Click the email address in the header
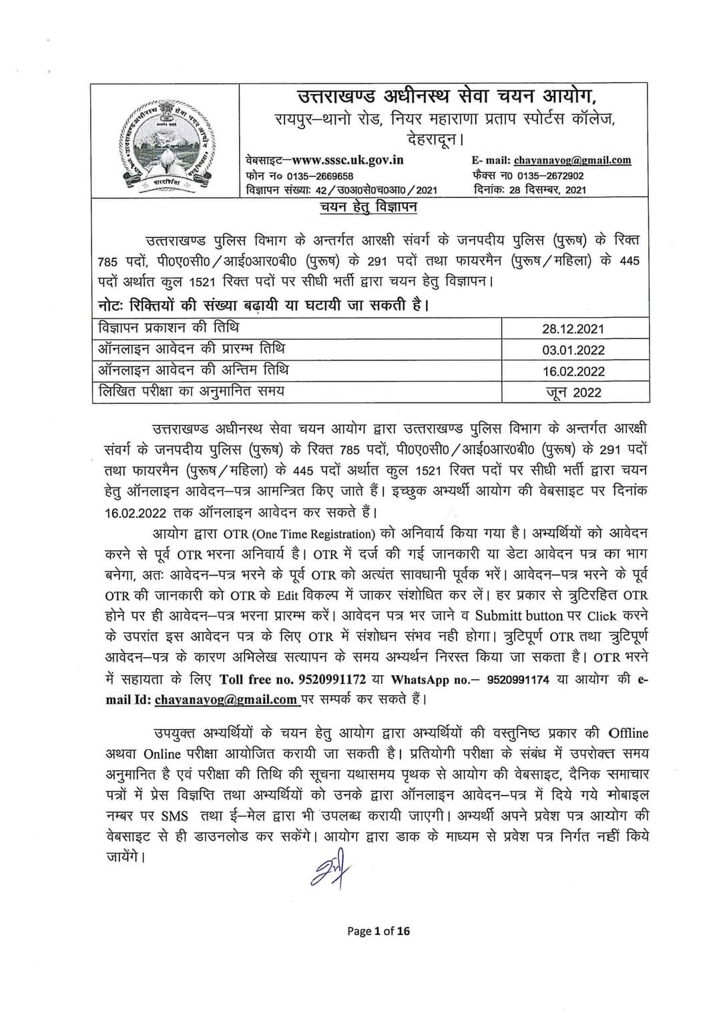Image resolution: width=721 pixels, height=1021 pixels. click(572, 160)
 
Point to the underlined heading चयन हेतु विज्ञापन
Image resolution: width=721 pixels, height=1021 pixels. click(368, 207)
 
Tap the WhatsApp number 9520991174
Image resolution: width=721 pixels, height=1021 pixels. click(519, 679)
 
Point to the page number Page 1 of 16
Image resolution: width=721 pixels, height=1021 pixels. click(379, 931)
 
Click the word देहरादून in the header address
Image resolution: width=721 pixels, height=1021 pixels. click(432, 140)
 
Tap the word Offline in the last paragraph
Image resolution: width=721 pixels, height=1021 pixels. click(628, 733)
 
